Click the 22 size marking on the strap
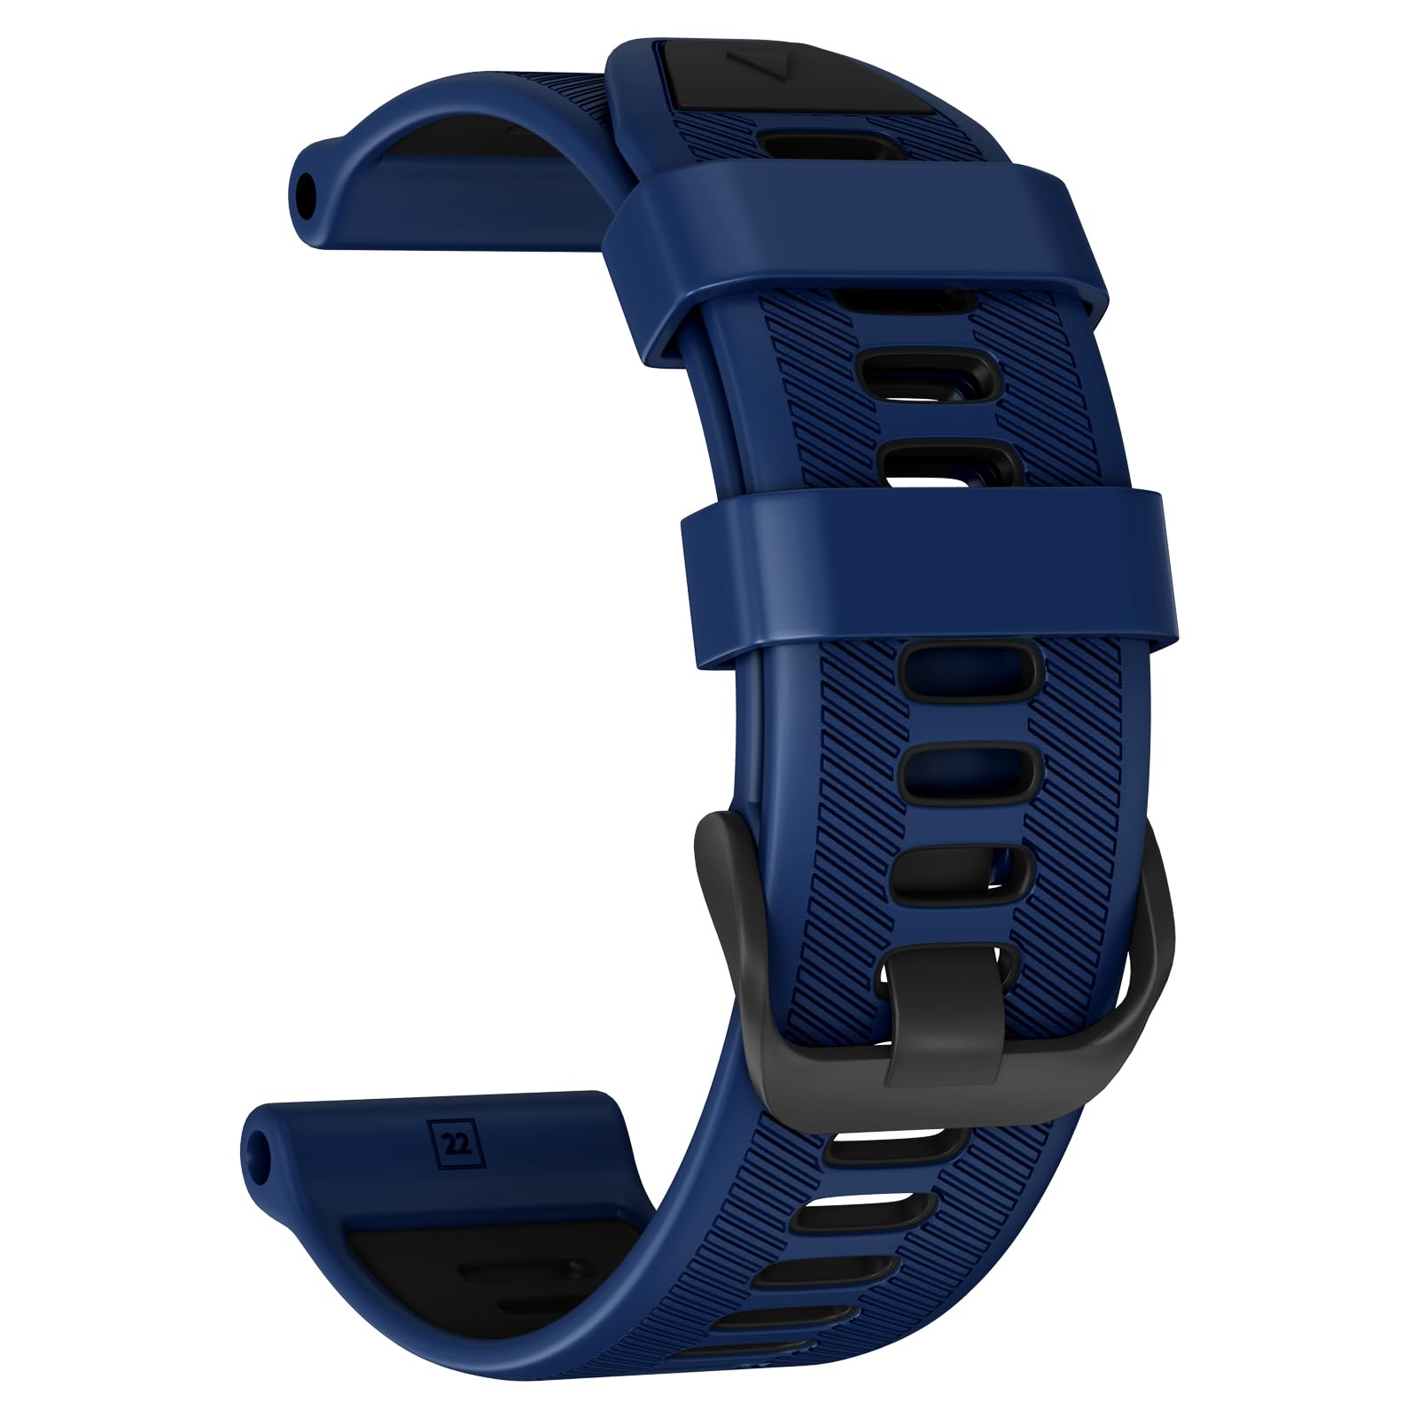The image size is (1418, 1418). (x=458, y=1143)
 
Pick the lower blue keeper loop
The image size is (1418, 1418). (x=931, y=576)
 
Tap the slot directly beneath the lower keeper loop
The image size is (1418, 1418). (x=971, y=670)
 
